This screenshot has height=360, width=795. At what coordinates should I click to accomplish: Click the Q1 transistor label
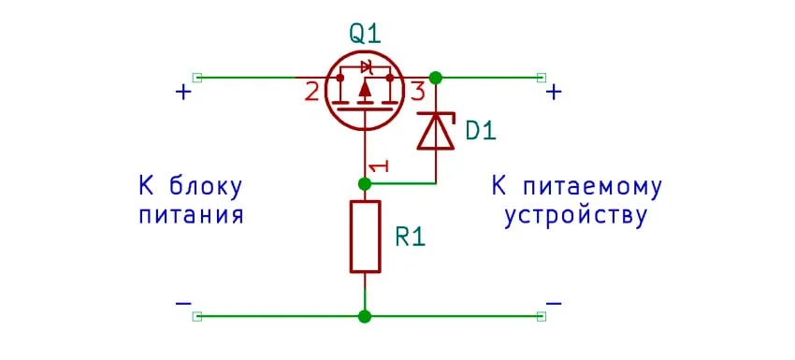tap(366, 34)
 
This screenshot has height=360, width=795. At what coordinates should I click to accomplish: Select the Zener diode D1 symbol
tap(435, 131)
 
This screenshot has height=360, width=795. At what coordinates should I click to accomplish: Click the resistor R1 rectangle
tap(365, 236)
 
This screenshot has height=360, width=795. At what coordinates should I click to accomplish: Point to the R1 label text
tap(411, 237)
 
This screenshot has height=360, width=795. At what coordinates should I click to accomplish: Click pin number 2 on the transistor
tap(311, 92)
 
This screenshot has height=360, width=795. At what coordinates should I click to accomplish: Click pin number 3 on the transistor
tap(417, 92)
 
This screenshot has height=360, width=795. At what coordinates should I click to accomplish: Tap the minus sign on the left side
tap(183, 304)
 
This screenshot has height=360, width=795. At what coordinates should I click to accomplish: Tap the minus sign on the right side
tap(554, 304)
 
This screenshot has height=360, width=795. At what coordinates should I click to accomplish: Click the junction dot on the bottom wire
tap(365, 317)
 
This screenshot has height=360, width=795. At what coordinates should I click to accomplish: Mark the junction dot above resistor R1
tap(365, 183)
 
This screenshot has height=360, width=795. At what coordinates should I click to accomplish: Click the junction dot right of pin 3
tap(435, 77)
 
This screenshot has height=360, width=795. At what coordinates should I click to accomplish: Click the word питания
tap(191, 216)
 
